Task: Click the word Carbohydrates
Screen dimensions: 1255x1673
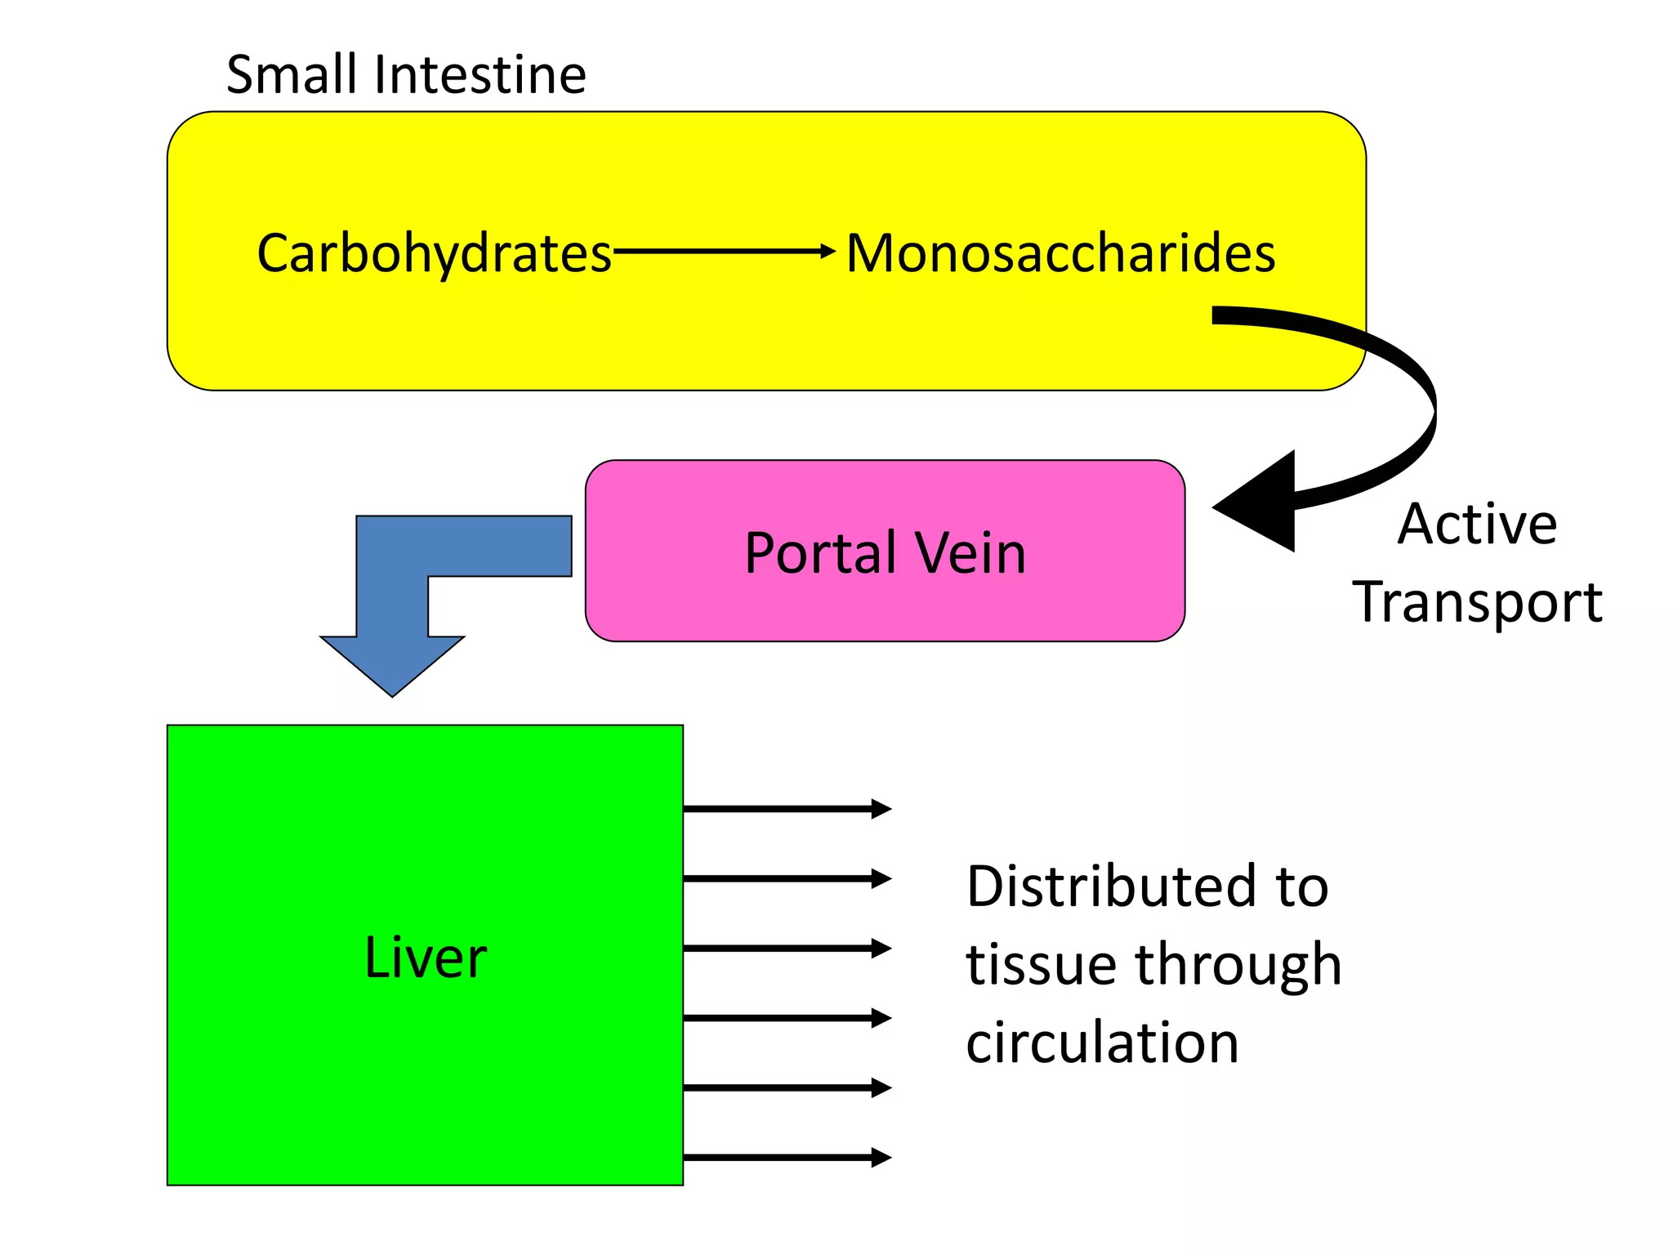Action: pos(434,253)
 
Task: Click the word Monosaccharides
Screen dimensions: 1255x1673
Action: pos(1060,253)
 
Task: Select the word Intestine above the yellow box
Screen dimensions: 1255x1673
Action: pos(480,75)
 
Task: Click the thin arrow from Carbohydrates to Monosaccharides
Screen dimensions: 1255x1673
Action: pos(723,251)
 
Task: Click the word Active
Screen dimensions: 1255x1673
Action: pos(1477,524)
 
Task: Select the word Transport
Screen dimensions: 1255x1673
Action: pos(1477,602)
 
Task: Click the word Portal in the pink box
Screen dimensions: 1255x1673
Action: pos(820,554)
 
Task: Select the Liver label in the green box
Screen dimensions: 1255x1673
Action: pos(425,957)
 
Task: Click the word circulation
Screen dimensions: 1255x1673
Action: pos(1102,1043)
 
